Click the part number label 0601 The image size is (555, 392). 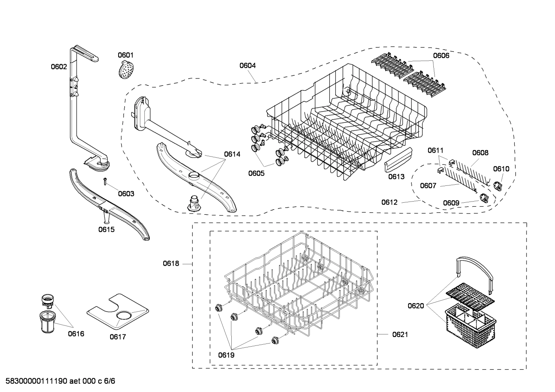pyautogui.click(x=125, y=55)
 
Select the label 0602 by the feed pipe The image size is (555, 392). pyautogui.click(x=59, y=67)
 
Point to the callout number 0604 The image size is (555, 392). pyautogui.click(x=247, y=65)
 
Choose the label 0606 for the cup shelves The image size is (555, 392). pyautogui.click(x=441, y=55)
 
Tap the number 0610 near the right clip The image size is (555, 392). pyautogui.click(x=501, y=169)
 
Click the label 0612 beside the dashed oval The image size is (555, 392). pyautogui.click(x=390, y=202)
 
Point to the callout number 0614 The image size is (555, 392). pyautogui.click(x=232, y=154)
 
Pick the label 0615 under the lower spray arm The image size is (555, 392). pyautogui.click(x=106, y=230)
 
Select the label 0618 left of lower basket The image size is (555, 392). pyautogui.click(x=171, y=264)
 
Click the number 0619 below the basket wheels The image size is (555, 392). pyautogui.click(x=226, y=355)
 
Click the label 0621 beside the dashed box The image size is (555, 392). pyautogui.click(x=400, y=335)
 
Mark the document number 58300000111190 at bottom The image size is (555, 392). pyautogui.click(x=34, y=381)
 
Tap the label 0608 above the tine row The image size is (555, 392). pyautogui.click(x=480, y=153)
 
